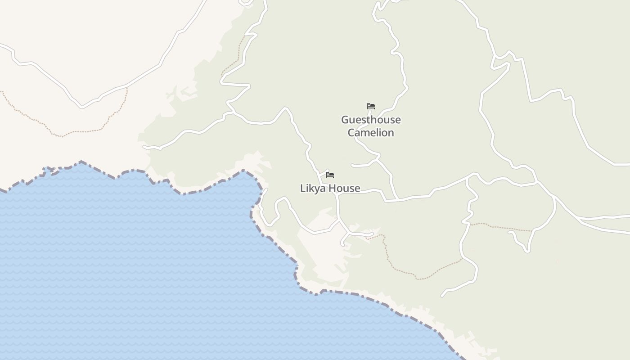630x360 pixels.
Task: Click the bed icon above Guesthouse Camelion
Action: [x=371, y=107]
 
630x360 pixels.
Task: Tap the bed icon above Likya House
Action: [x=330, y=175]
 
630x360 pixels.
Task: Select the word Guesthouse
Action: [x=371, y=120]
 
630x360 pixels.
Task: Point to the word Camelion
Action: [x=371, y=133]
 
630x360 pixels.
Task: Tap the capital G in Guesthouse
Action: [x=345, y=120]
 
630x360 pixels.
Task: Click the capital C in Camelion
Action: [x=351, y=133]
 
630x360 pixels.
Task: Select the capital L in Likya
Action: [x=303, y=188]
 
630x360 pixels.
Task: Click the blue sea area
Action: [x=135, y=270]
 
